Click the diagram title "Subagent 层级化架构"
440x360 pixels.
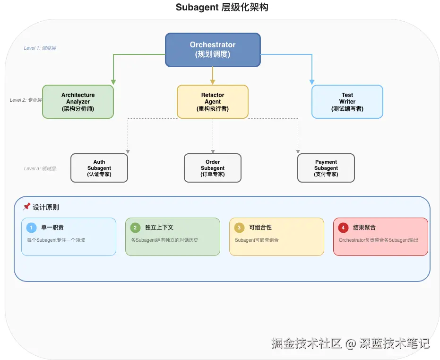coord(222,8)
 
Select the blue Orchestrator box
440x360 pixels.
coord(213,50)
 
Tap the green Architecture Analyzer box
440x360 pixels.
coord(78,102)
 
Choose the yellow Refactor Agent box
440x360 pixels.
coord(213,102)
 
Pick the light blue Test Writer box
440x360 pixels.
coord(347,102)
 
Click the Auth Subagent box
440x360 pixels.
coord(99,168)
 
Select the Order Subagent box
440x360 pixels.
coord(213,168)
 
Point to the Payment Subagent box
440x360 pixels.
coord(326,168)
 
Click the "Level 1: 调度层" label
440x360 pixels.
coord(40,48)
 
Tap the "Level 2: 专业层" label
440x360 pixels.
coord(26,100)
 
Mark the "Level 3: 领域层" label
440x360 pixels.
coord(40,169)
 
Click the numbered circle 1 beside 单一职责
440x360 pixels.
coord(31,228)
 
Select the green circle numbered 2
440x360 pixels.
coord(135,228)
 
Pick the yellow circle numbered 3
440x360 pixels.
coord(239,228)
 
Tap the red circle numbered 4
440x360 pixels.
coord(343,228)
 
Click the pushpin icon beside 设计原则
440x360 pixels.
coord(26,207)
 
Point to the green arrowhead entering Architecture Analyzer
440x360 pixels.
coord(113,82)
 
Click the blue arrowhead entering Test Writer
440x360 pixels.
coord(312,82)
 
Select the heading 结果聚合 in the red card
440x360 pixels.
coord(364,228)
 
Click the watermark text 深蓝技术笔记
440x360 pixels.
coord(394,343)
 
